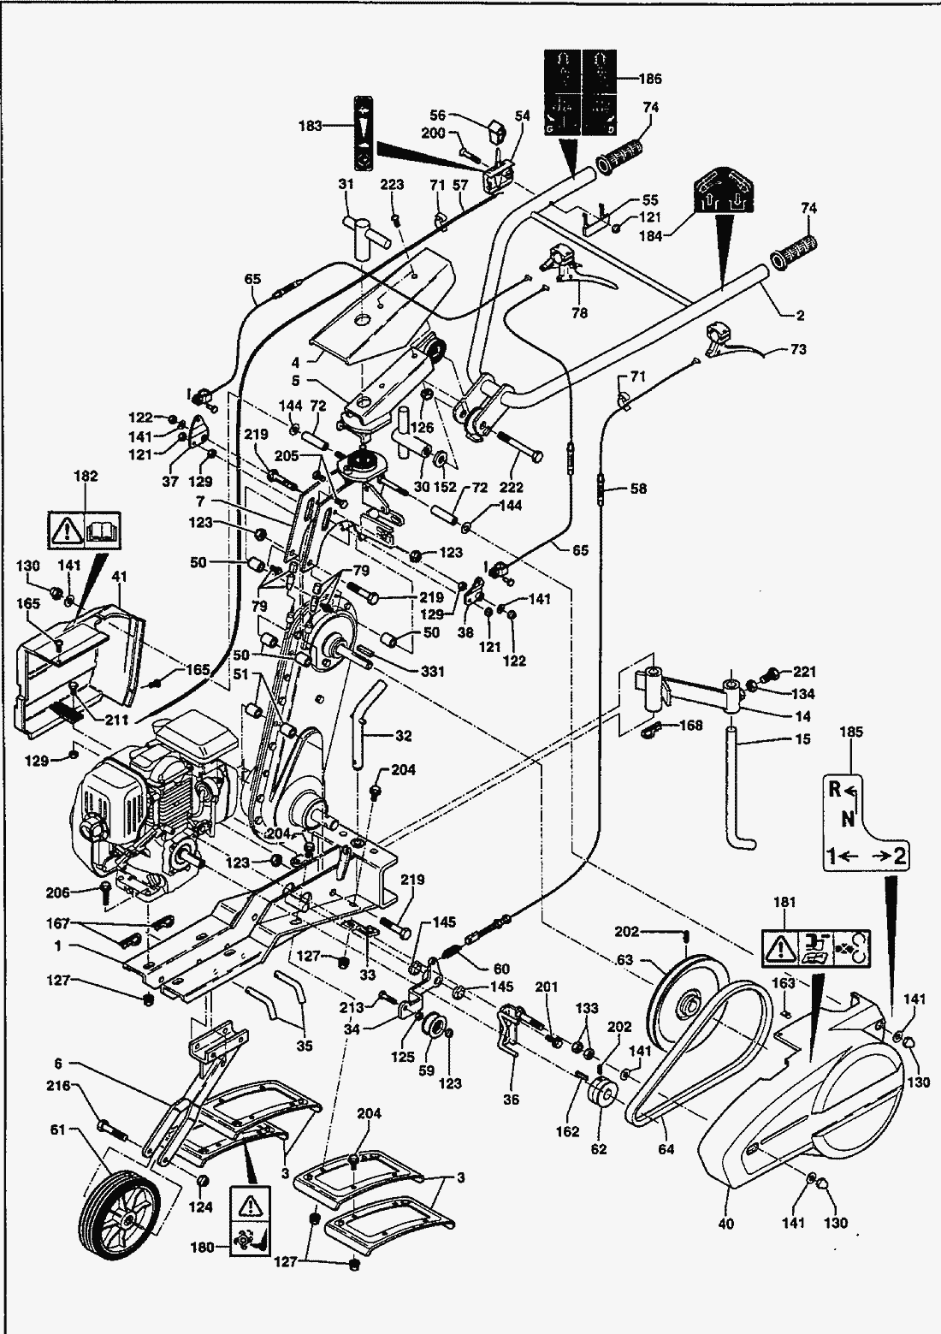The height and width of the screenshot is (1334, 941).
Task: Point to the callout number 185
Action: click(x=853, y=732)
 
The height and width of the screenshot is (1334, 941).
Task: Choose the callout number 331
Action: click(x=432, y=672)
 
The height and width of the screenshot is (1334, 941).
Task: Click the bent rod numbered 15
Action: click(x=737, y=787)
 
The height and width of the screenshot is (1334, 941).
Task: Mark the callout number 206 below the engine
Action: click(x=59, y=892)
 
